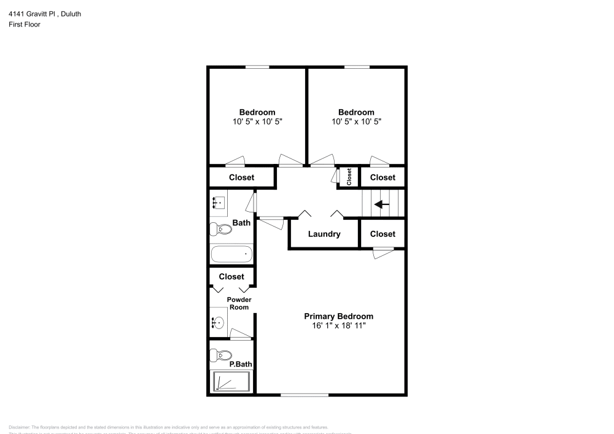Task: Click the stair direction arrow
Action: pos(382,204)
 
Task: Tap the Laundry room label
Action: pos(324,234)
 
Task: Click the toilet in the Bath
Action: pos(220,230)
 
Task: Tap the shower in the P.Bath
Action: pos(231,382)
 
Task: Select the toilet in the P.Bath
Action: pos(220,355)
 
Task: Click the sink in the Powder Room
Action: pos(218,322)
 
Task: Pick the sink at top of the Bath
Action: pos(219,201)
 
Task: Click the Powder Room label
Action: pos(239,303)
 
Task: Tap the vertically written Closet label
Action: pos(349,177)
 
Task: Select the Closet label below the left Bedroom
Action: pos(242,177)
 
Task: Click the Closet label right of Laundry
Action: pos(383,234)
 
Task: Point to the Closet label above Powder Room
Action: pos(231,277)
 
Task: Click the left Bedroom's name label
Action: pos(257,112)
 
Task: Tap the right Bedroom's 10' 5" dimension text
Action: pos(356,122)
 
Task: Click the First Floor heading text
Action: pos(25,25)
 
